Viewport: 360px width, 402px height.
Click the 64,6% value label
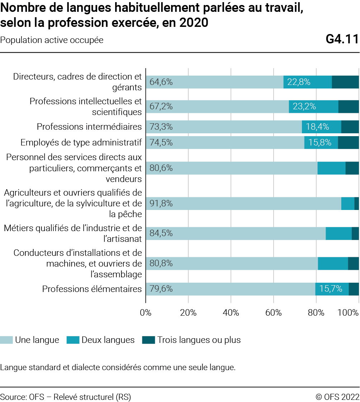tap(161, 82)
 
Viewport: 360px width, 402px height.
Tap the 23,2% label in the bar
tap(304, 106)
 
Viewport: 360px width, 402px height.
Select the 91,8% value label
tap(161, 204)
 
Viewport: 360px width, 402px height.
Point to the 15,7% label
tap(331, 289)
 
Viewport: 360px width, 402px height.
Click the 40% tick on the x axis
tap(231, 312)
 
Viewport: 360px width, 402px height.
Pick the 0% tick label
tap(146, 312)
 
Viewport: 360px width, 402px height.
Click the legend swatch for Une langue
tap(6, 340)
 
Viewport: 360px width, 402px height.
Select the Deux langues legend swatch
tap(73, 340)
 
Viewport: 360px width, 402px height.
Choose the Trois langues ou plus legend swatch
tap(148, 340)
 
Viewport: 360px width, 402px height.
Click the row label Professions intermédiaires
tap(89, 127)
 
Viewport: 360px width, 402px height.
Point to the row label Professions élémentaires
tap(92, 289)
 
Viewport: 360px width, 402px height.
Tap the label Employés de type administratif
tap(81, 143)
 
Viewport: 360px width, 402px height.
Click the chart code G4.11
tap(342, 40)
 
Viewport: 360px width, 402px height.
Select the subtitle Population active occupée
tap(52, 40)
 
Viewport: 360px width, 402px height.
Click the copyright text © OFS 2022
tap(337, 397)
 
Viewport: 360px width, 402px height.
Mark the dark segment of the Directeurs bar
tap(345, 82)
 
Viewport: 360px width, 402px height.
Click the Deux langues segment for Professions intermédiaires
tap(321, 127)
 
